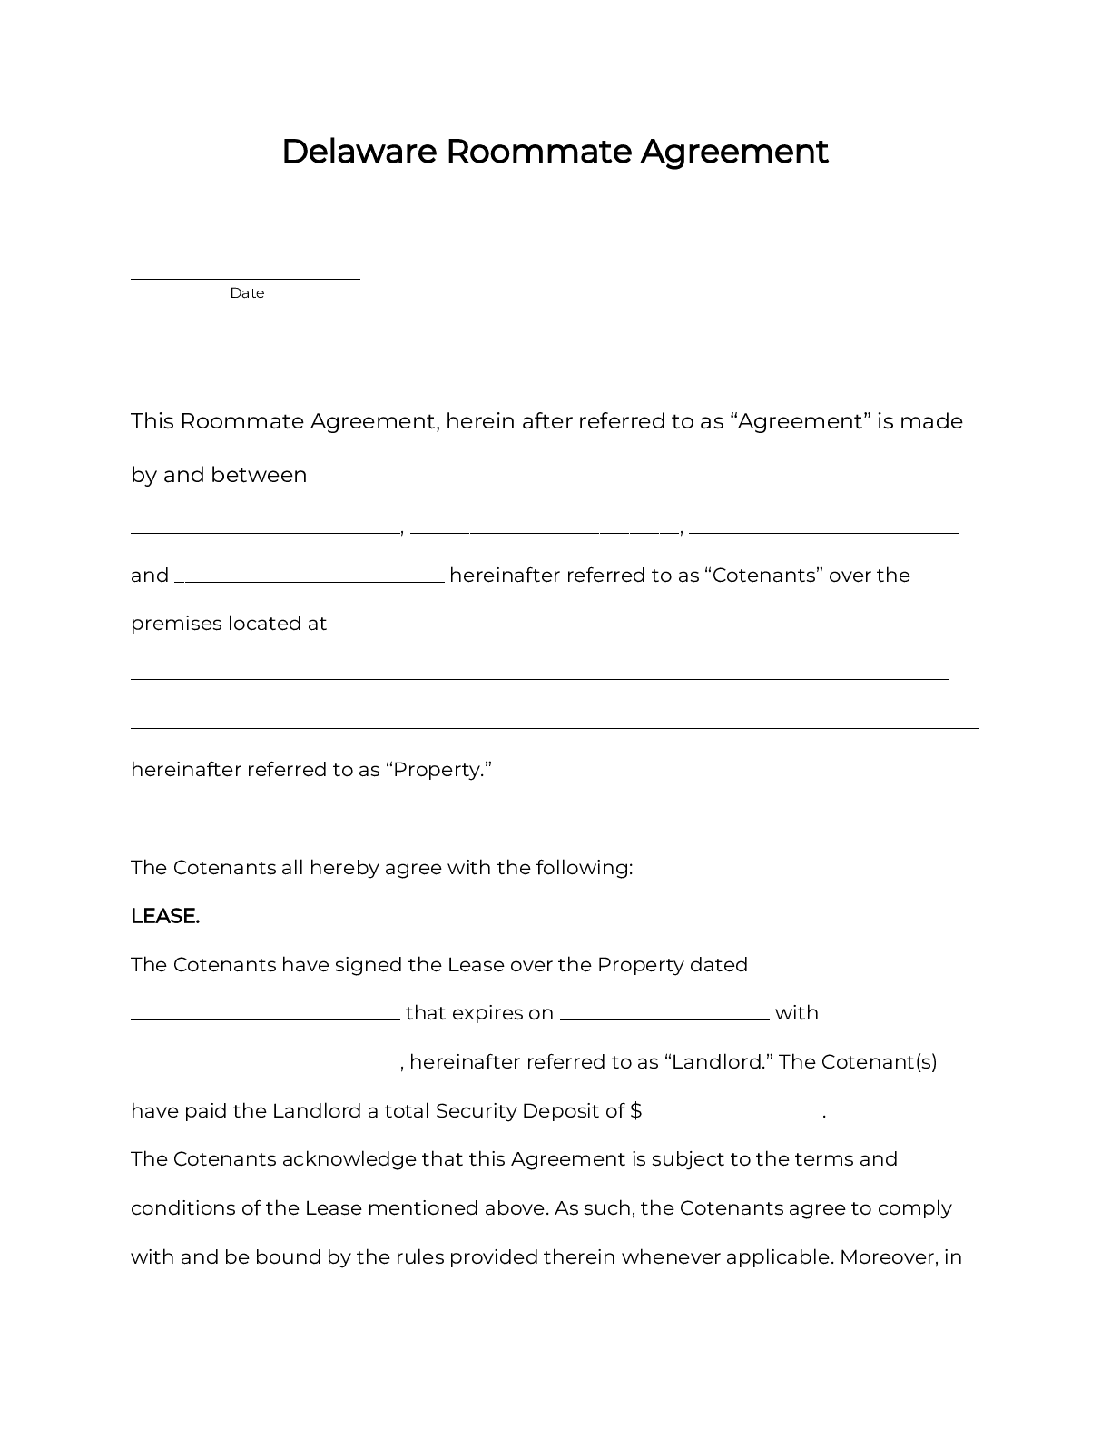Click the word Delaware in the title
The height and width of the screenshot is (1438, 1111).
click(359, 152)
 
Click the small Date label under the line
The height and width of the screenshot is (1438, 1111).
click(247, 293)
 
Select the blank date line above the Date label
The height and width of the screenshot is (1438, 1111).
click(245, 277)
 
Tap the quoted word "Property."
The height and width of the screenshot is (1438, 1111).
click(438, 770)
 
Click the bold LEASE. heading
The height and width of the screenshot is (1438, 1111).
click(165, 916)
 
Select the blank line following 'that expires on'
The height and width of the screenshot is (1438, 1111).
click(664, 1019)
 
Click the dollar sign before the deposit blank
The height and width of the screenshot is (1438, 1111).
click(635, 1111)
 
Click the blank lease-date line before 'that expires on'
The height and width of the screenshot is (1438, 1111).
click(265, 1019)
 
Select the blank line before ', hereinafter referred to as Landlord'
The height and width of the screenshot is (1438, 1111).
click(265, 1068)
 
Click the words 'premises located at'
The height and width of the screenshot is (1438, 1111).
click(229, 624)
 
